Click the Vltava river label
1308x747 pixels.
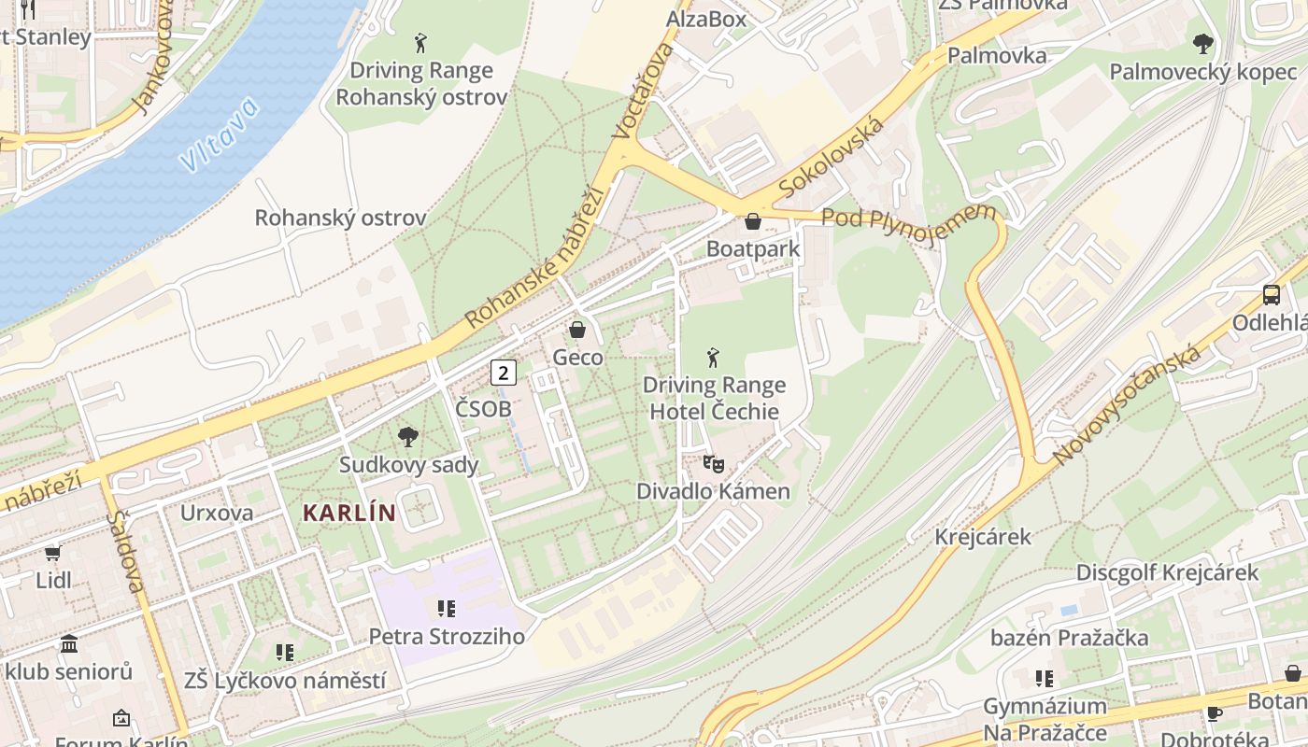tap(219, 136)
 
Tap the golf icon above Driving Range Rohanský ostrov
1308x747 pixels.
tap(421, 43)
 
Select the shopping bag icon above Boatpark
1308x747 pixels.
tap(753, 221)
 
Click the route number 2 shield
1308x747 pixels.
tap(504, 373)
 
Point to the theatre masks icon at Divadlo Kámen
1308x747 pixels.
tap(713, 463)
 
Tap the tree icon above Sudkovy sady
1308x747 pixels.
tap(408, 436)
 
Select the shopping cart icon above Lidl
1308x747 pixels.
tap(53, 553)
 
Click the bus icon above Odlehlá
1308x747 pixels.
tap(1272, 295)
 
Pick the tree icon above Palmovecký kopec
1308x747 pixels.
tap(1202, 43)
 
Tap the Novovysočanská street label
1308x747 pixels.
tap(1127, 405)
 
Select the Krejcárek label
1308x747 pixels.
tap(983, 537)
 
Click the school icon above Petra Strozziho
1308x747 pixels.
tap(447, 609)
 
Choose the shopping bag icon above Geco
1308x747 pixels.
tap(577, 330)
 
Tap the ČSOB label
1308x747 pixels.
tap(483, 409)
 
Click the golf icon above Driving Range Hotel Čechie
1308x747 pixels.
tap(714, 357)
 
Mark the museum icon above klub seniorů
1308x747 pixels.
tap(69, 644)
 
